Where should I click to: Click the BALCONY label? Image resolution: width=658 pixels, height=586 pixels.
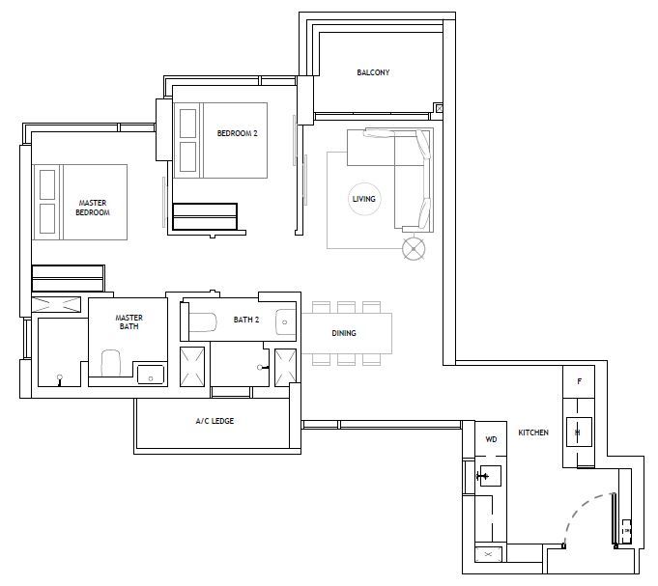(373, 72)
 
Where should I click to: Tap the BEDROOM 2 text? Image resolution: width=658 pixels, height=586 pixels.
(237, 133)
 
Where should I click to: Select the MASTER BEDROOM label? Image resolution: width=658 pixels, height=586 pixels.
(93, 208)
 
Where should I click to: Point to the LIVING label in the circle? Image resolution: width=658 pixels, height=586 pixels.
(364, 199)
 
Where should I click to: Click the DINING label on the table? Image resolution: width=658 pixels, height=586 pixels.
(344, 333)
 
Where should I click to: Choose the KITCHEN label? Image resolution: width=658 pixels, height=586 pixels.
(533, 433)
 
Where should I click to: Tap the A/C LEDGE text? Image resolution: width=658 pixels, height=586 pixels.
(215, 421)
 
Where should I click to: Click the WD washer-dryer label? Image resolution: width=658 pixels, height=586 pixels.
(491, 439)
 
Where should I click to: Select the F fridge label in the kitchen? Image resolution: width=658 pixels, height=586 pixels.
(580, 381)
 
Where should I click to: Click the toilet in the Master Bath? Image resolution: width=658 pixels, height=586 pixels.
(111, 363)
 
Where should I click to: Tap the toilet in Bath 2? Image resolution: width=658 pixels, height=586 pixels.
(203, 322)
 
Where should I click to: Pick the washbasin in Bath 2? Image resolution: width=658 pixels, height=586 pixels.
(285, 322)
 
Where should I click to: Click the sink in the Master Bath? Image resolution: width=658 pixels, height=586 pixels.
(151, 375)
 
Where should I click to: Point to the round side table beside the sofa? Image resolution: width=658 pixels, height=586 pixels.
(414, 249)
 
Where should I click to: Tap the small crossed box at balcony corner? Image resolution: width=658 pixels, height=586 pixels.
(440, 108)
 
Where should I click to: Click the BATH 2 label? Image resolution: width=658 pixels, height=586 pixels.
(246, 320)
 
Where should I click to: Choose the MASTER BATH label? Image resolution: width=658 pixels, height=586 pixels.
(129, 321)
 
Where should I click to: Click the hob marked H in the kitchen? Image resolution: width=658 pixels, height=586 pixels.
(579, 433)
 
